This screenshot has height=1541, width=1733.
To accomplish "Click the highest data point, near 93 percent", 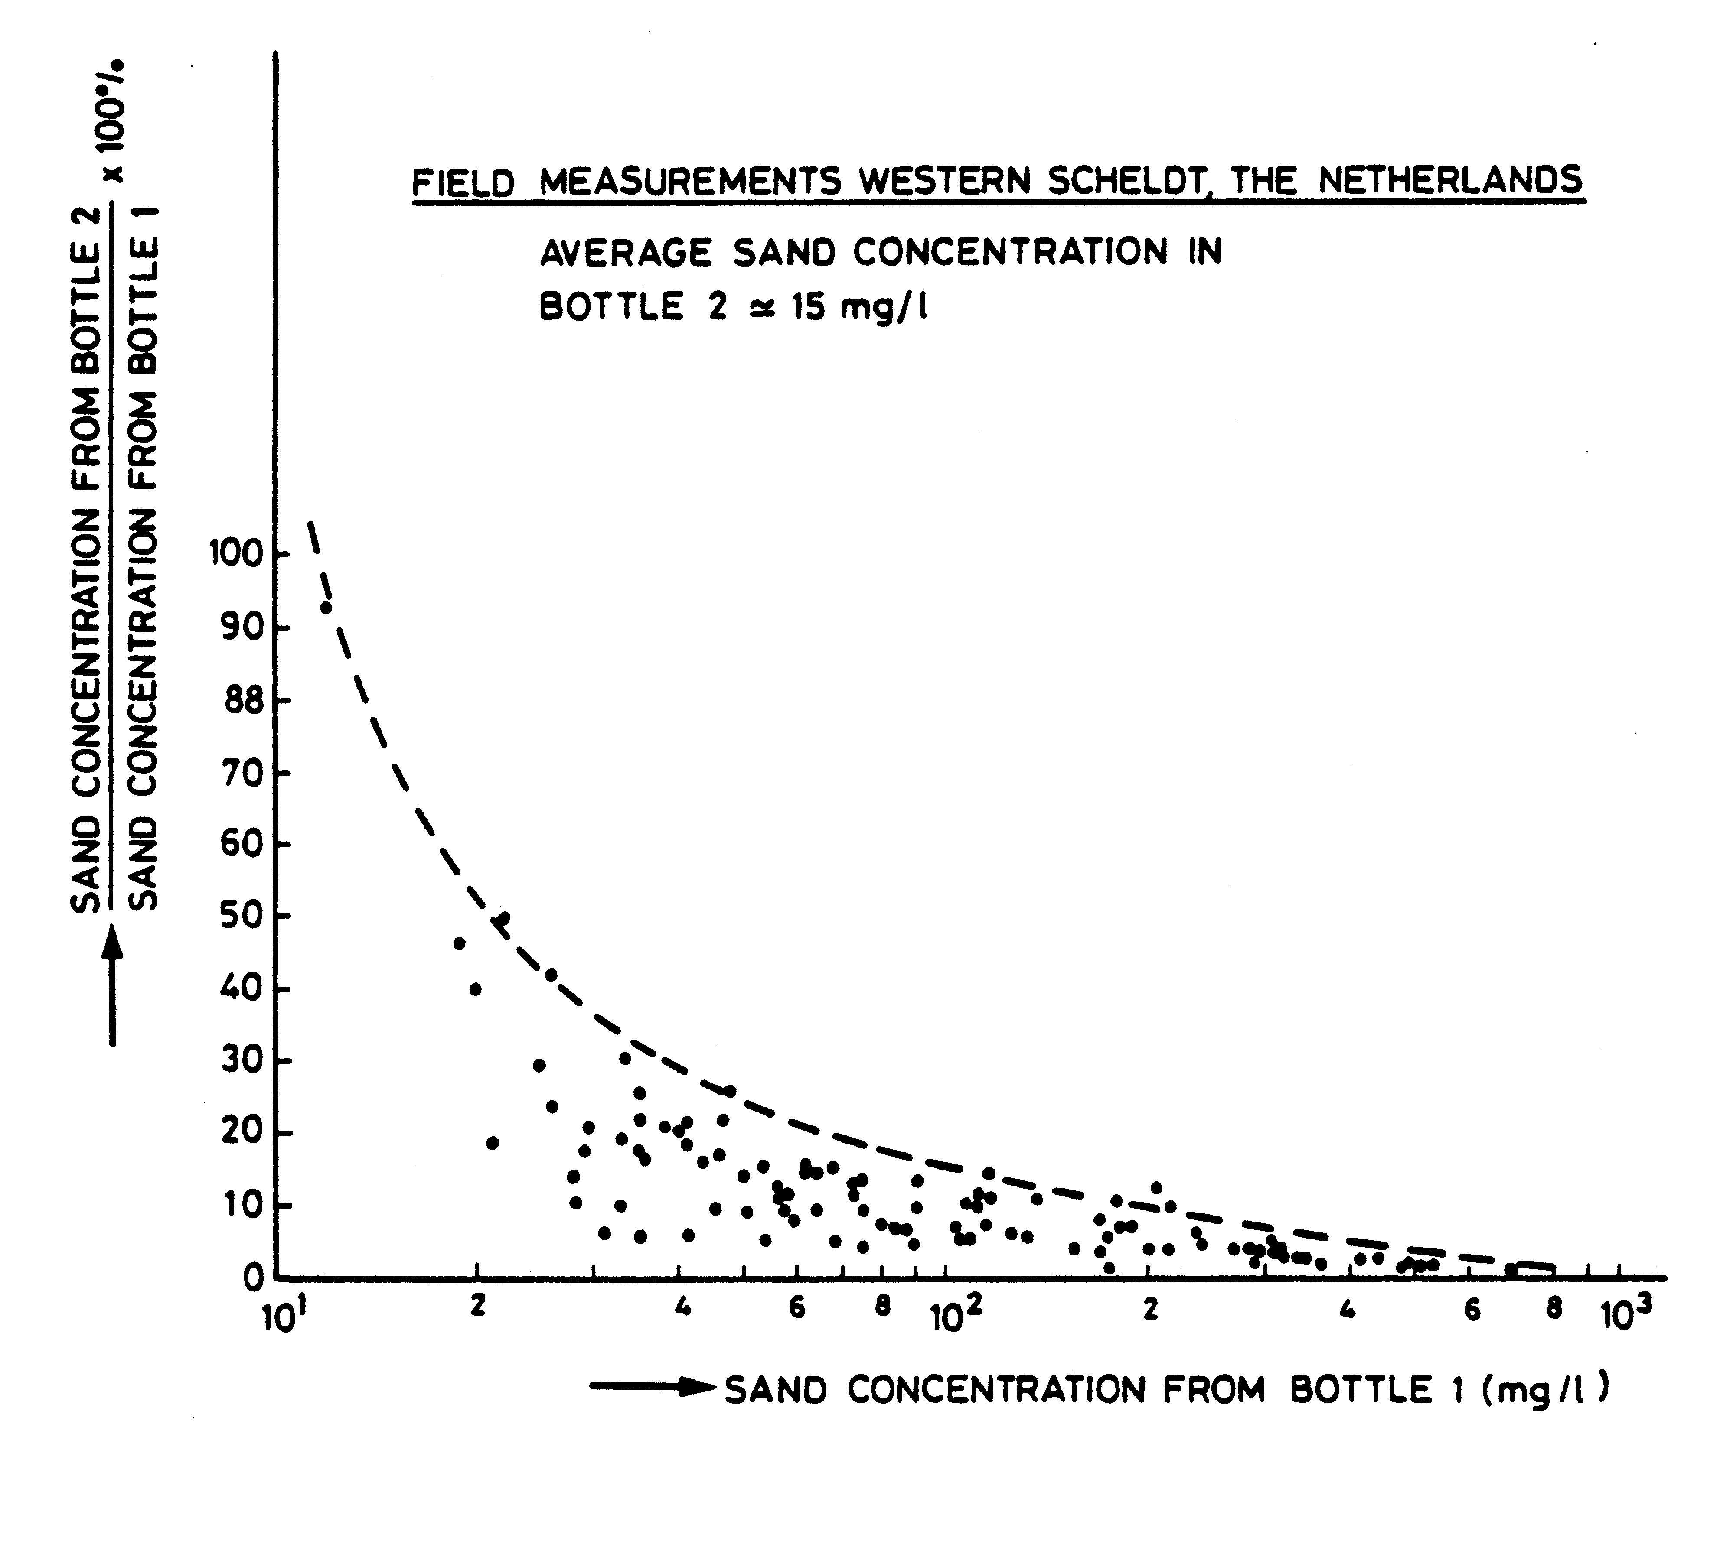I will click(326, 607).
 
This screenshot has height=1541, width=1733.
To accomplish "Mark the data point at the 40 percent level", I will click(476, 989).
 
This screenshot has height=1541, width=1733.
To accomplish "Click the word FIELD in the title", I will click(463, 183).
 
